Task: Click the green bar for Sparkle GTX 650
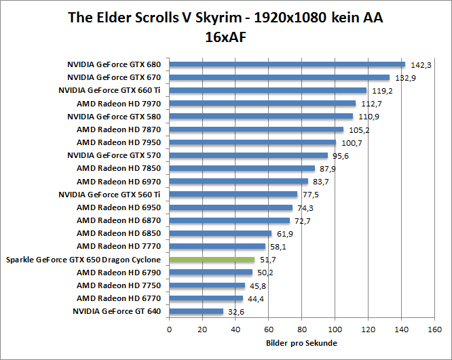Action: click(x=212, y=260)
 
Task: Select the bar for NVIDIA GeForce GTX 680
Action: click(x=286, y=64)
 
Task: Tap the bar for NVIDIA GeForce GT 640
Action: click(x=196, y=311)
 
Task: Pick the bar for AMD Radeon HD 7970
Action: click(x=262, y=104)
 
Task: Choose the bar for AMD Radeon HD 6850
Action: click(x=220, y=233)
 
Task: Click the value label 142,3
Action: click(x=421, y=65)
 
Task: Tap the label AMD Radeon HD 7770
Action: click(x=119, y=246)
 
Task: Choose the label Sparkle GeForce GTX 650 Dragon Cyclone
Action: click(x=83, y=260)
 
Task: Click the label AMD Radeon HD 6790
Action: click(x=119, y=272)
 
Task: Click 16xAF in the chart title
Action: click(x=225, y=38)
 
